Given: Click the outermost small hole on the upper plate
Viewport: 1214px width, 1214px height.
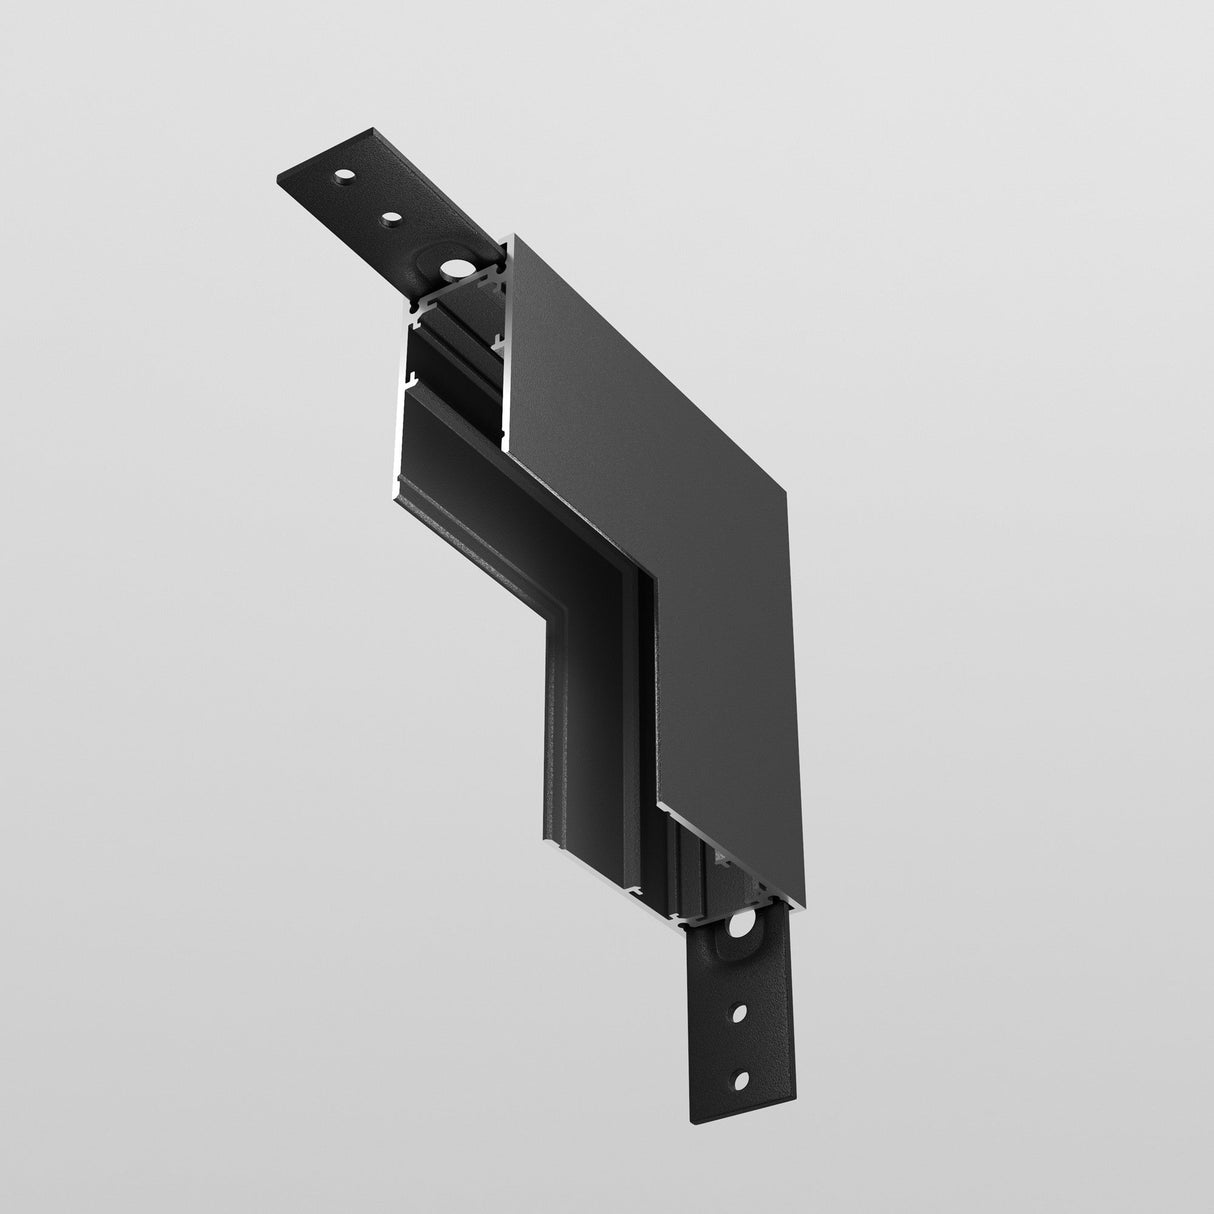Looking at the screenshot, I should tap(343, 177).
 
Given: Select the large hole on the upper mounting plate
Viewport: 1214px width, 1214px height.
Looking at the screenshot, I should tap(457, 268).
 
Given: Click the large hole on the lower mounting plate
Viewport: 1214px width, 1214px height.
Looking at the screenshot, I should tap(741, 927).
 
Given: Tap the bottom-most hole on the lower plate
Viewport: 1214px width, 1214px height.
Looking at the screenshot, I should tap(741, 1078).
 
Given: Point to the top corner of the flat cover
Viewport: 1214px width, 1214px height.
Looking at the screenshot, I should tap(512, 236).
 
